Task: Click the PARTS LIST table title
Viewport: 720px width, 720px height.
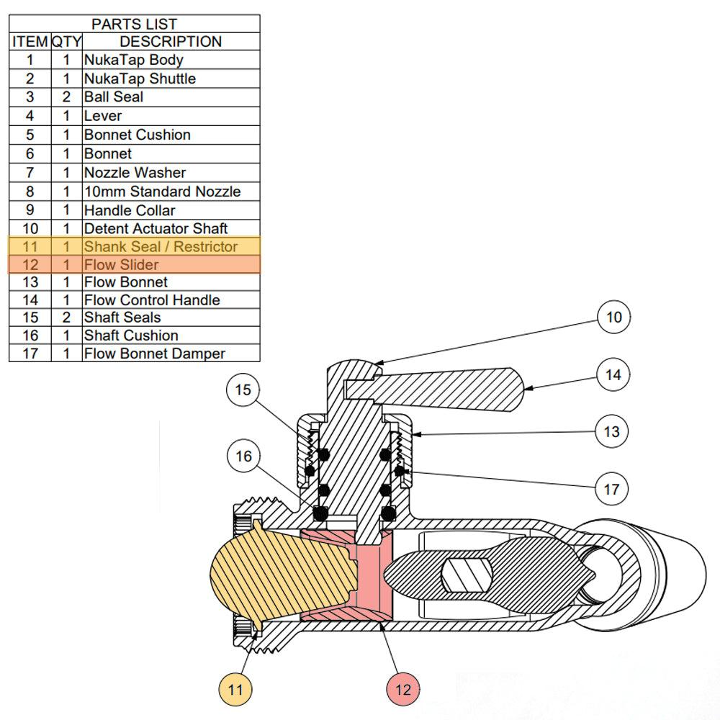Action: pos(134,24)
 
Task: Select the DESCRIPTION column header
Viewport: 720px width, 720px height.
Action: pos(171,42)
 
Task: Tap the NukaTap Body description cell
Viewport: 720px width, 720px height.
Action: pos(133,60)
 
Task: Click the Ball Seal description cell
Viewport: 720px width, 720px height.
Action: pos(114,96)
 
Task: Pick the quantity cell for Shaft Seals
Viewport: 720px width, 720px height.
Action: pos(66,318)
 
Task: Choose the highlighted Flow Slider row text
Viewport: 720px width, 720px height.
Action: pos(121,264)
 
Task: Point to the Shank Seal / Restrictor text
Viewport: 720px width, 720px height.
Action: pos(161,246)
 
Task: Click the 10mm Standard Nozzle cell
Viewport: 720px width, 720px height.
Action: pos(162,192)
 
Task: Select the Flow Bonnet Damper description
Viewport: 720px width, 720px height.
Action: pos(154,354)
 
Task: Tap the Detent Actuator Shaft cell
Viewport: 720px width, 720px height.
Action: pos(156,228)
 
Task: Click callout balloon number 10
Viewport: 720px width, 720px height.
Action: pos(613,317)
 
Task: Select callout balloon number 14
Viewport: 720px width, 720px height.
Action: pos(613,374)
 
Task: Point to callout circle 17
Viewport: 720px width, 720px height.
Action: pos(612,489)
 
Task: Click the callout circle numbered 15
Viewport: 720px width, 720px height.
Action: pos(243,390)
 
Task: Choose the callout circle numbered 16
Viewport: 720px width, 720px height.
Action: pos(243,456)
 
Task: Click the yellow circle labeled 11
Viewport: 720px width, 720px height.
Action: pos(237,689)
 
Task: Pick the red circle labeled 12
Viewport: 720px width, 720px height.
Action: pos(403,689)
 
